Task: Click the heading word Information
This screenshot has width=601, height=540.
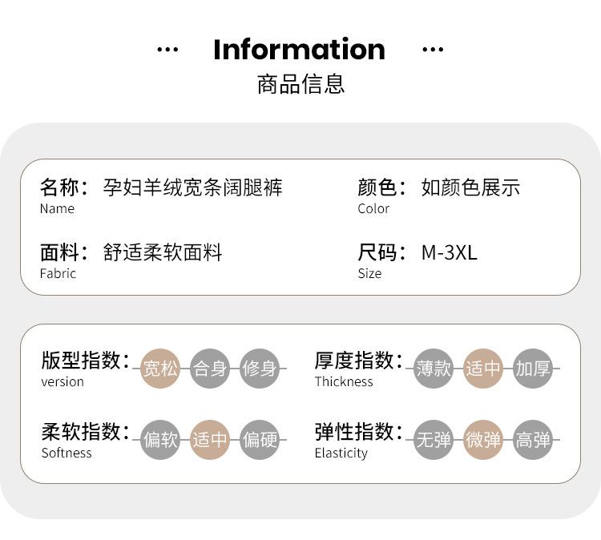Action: click(299, 50)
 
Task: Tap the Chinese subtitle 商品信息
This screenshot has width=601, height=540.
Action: click(300, 84)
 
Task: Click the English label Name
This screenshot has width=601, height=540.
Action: click(57, 209)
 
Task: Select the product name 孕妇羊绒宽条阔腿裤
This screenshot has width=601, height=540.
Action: click(193, 187)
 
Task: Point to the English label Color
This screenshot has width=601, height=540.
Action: click(373, 209)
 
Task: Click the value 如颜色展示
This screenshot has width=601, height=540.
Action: click(470, 187)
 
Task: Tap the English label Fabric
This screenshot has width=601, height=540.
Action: click(58, 274)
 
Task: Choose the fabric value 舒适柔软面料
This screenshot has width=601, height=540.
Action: click(163, 252)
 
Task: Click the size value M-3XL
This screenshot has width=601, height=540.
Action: click(449, 252)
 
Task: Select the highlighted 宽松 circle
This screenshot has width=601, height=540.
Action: click(160, 369)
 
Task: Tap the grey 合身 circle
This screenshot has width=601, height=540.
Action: click(210, 369)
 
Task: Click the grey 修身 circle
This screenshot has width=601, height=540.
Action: click(260, 369)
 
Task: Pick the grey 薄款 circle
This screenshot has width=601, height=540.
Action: click(434, 369)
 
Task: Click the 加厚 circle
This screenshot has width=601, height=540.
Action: click(533, 369)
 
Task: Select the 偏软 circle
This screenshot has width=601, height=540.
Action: click(160, 440)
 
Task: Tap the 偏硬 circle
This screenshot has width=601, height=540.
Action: click(260, 440)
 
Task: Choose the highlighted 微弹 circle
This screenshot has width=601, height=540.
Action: click(483, 440)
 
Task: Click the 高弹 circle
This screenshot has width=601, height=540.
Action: click(533, 440)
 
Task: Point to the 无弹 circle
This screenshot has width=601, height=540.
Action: click(434, 440)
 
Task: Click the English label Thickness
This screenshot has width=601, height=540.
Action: click(344, 382)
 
